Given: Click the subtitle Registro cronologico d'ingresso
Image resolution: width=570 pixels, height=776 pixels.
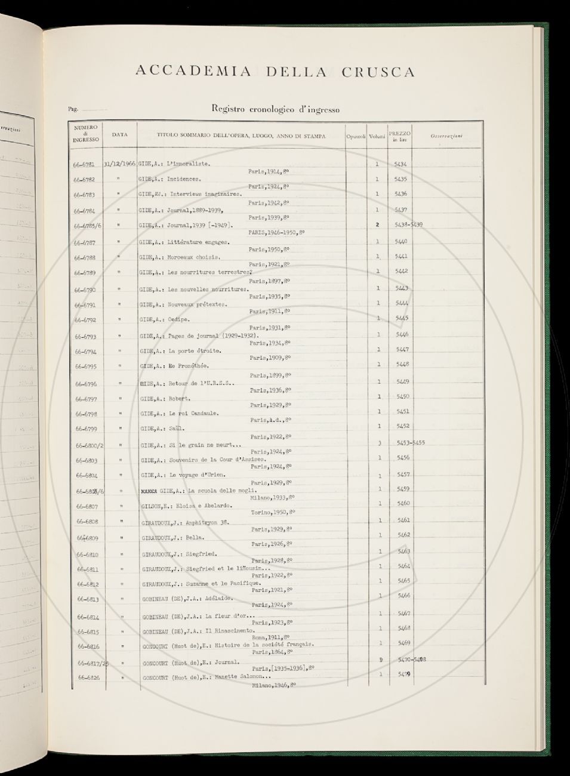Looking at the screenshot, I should [x=275, y=109].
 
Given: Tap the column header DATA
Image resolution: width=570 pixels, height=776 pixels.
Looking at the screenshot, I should [x=119, y=136].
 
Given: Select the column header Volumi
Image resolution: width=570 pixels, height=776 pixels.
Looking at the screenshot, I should [x=377, y=137].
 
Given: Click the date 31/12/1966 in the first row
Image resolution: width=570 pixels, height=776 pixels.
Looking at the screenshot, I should [x=119, y=164].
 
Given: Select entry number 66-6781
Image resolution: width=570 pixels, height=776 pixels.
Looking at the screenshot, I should [x=85, y=164].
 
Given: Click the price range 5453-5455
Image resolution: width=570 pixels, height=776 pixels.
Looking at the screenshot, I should [x=410, y=443].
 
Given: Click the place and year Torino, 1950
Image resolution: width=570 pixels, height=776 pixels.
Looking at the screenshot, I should [x=269, y=513].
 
